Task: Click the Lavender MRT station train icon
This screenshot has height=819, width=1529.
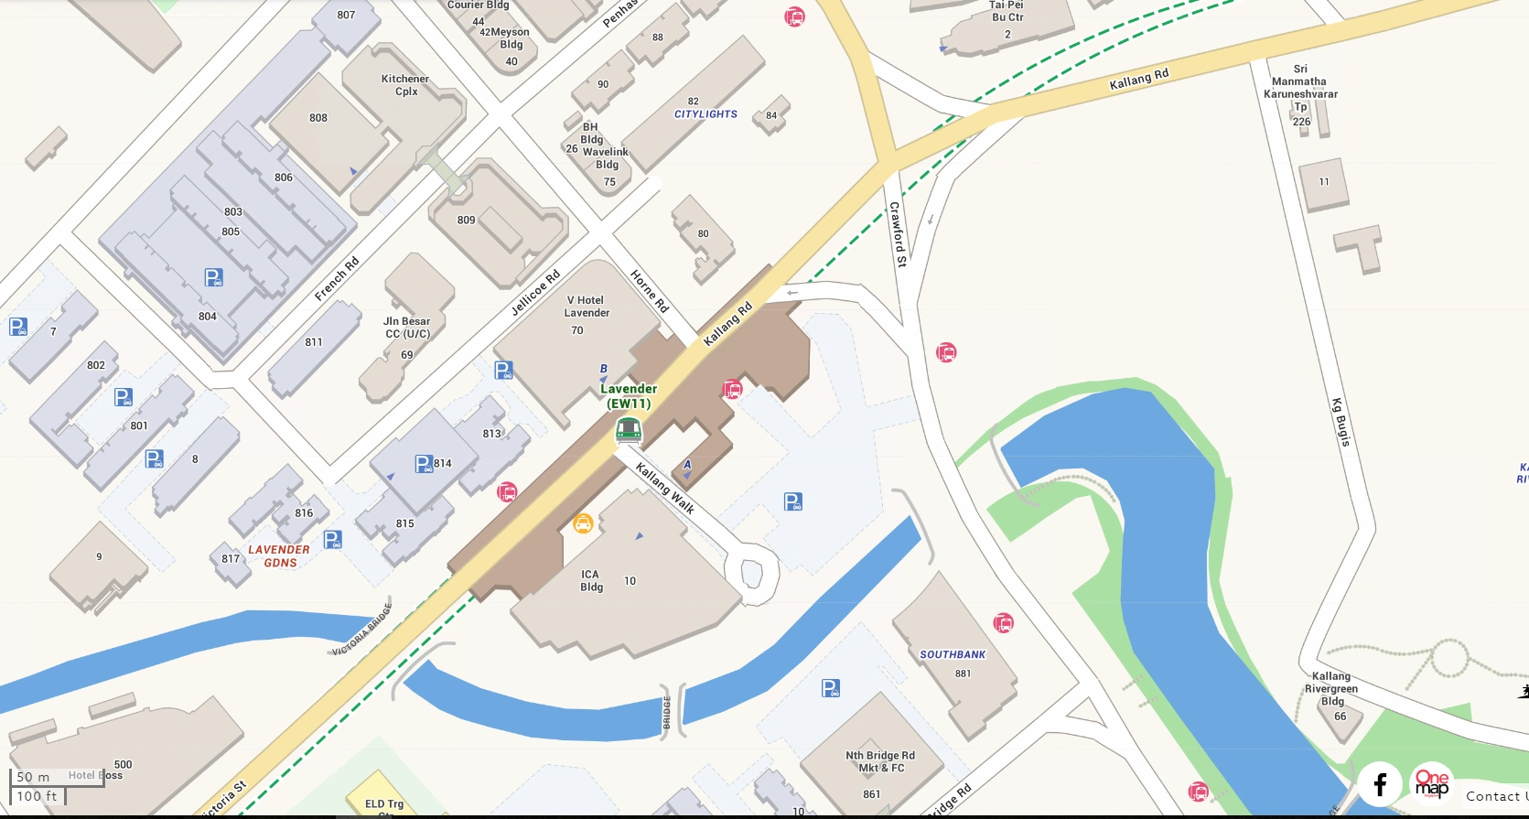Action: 628,429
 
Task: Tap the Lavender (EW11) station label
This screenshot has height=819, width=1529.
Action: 629,396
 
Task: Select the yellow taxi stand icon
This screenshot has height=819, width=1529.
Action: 583,523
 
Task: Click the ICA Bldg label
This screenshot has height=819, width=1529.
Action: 591,581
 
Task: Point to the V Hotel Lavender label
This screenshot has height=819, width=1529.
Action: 587,307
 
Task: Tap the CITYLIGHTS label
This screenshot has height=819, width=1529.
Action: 705,114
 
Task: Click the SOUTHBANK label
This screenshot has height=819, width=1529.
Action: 953,654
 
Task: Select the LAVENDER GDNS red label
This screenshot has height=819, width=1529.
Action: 279,556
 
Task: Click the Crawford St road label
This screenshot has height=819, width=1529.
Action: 899,234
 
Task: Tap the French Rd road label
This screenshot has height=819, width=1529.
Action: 337,279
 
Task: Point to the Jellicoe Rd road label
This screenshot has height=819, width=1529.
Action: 535,294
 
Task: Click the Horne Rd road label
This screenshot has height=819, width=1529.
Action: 650,291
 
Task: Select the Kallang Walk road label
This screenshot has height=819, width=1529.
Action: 665,489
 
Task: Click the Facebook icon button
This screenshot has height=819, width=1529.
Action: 1380,784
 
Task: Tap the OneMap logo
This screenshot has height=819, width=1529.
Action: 1432,784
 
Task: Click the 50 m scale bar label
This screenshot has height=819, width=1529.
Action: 34,777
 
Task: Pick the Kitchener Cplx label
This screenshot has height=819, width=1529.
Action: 405,85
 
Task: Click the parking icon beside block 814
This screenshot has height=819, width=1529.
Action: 424,464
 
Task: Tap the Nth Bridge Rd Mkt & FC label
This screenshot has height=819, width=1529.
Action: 880,761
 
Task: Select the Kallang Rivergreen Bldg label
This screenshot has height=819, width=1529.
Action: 1331,689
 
